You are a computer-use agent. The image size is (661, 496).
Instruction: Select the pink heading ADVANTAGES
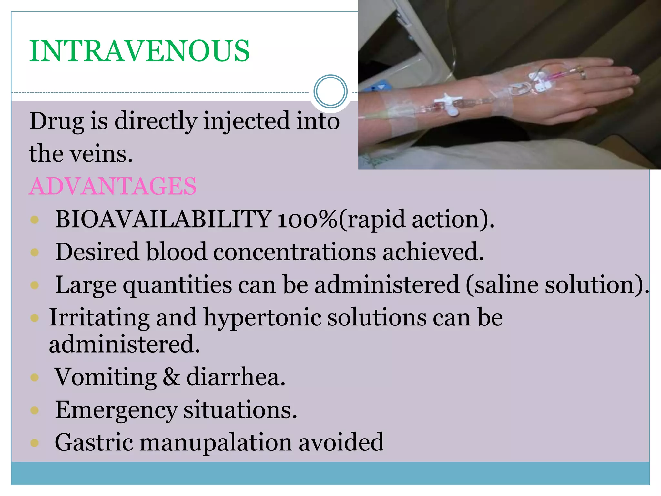[113, 186]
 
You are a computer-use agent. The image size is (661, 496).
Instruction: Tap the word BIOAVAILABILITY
[163, 219]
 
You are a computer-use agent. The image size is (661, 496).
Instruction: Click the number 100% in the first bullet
[307, 220]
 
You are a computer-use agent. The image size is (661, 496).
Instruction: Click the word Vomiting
[105, 377]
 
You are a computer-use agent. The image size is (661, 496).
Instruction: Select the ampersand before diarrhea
[171, 377]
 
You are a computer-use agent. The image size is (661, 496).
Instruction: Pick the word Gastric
[94, 443]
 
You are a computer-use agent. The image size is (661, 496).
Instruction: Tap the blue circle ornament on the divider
[330, 91]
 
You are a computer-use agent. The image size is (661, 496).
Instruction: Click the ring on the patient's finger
[583, 74]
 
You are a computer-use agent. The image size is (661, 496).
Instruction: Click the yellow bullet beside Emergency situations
[35, 410]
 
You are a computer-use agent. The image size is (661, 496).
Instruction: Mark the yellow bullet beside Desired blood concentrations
[35, 252]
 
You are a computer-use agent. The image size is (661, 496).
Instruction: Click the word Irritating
[99, 318]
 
